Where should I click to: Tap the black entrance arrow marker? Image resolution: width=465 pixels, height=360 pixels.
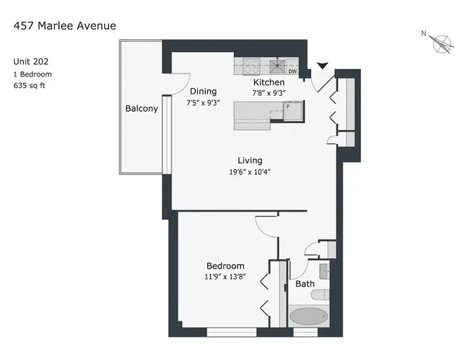point(322,65)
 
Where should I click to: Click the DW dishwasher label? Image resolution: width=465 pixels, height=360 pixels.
point(292,71)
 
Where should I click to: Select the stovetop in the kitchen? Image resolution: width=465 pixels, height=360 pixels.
point(251,66)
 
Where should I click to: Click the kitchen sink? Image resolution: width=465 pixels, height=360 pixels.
point(277,66)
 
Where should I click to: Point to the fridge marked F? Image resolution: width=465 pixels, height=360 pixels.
point(294,110)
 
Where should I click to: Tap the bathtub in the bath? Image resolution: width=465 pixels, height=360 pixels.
point(308,316)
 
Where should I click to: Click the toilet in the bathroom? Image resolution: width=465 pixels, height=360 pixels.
point(320,295)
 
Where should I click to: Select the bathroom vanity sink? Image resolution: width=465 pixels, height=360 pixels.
point(324,271)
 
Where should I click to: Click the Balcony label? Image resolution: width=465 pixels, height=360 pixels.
point(141,108)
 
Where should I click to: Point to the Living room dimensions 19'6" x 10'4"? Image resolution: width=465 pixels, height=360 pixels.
point(249,172)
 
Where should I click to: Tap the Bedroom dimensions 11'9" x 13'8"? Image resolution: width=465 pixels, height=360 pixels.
point(225,276)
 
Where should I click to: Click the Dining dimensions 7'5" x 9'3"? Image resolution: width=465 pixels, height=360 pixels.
point(203,103)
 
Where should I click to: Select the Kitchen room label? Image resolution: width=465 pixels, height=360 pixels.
point(269,82)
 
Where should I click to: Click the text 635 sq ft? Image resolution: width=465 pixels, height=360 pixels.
point(30,86)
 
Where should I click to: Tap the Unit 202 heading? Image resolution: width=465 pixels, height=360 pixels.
point(31,61)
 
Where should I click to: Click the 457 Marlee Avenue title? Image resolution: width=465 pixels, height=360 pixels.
point(65,26)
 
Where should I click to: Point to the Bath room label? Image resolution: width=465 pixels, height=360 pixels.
point(305,284)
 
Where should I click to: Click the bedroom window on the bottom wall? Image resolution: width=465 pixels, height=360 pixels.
point(232,332)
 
